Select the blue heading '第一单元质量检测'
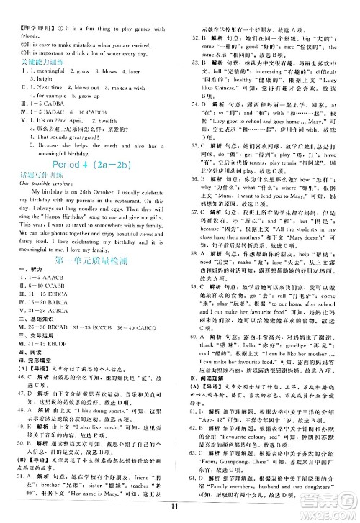click(x=90, y=280)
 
